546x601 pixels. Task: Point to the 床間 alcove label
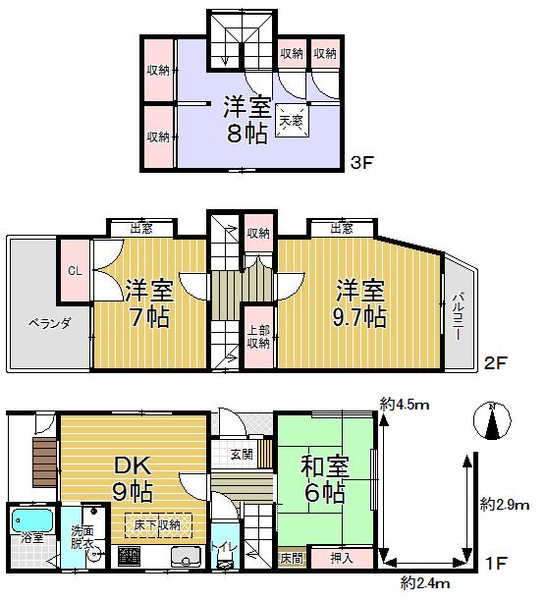[x=292, y=558]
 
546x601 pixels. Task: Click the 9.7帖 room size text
[x=359, y=318]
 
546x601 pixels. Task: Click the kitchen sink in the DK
[x=185, y=557]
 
